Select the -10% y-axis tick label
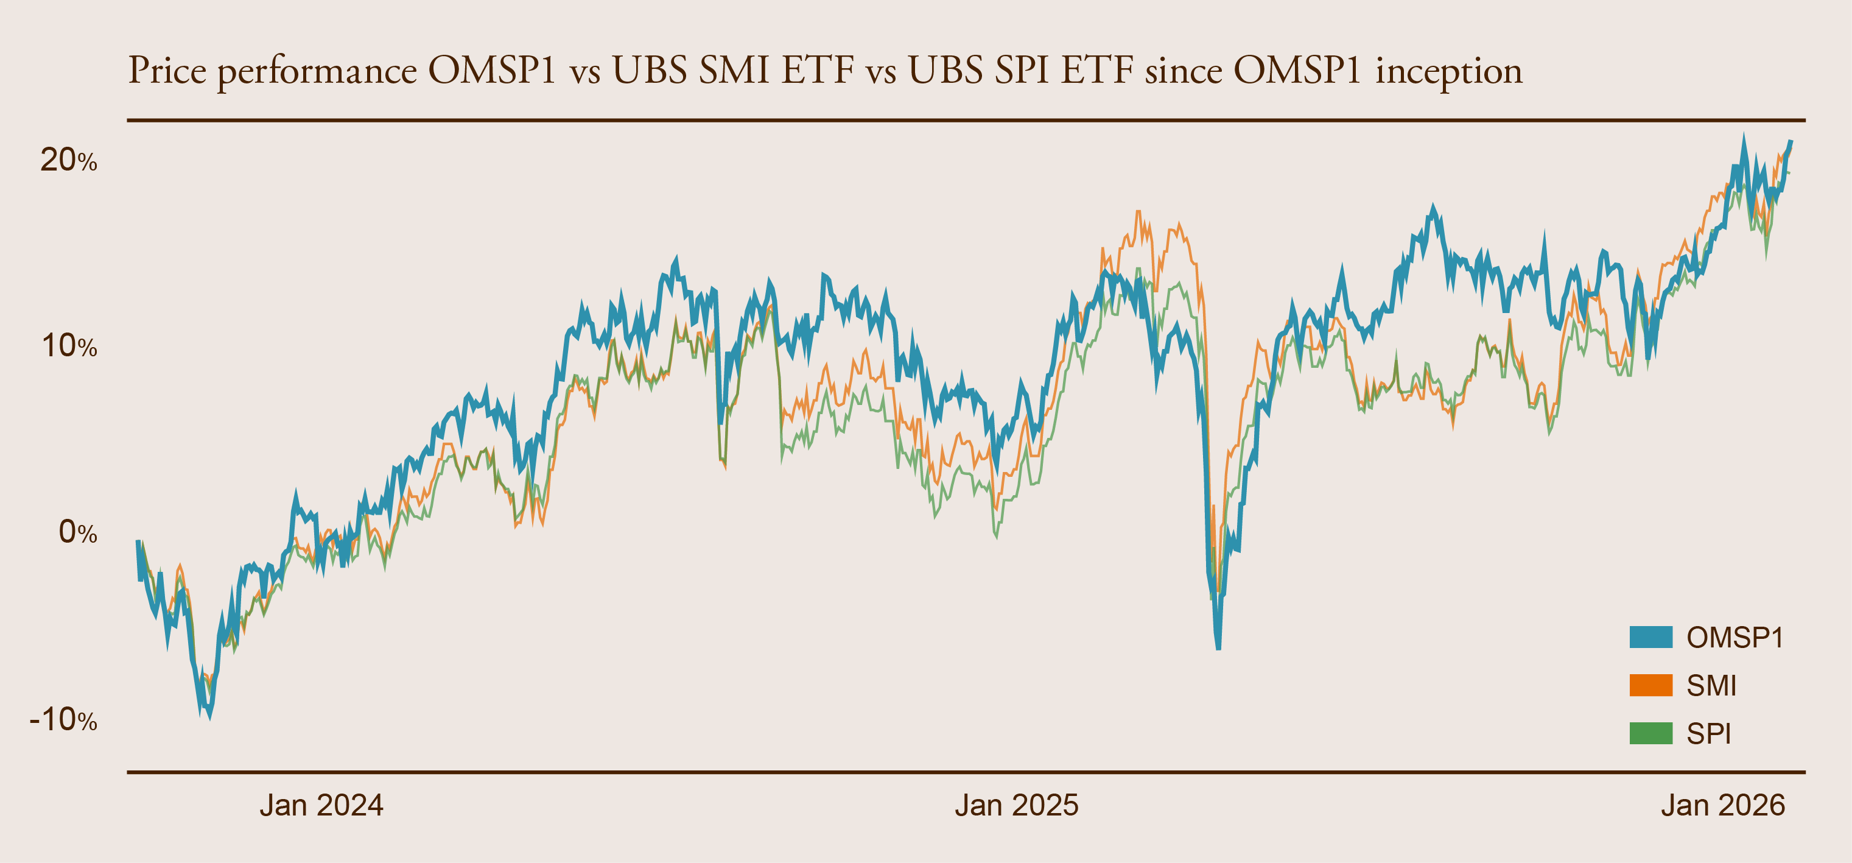coord(63,719)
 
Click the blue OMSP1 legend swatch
coord(1650,637)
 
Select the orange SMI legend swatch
coord(1650,685)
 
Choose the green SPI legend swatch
coord(1650,733)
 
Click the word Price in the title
coord(167,71)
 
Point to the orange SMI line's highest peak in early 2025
coord(1138,211)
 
